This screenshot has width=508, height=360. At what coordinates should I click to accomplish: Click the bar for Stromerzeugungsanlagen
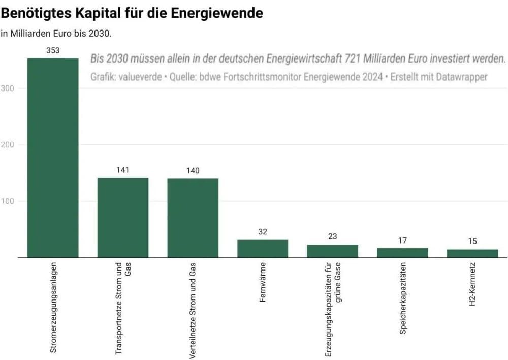53,158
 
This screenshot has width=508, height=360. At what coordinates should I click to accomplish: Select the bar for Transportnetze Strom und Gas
123,218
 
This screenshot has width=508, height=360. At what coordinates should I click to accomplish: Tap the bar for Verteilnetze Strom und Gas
193,218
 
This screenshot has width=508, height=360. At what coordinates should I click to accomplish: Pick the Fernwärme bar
263,249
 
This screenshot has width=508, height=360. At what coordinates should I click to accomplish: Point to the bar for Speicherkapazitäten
402,253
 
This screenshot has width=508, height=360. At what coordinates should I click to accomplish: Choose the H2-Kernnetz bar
472,253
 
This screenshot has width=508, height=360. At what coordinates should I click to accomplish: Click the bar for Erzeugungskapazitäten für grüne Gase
332,251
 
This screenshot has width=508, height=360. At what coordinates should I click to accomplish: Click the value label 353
53,50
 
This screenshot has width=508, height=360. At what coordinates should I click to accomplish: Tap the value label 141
123,170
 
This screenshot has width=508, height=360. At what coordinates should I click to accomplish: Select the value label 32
263,232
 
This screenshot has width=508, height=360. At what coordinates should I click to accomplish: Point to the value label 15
472,241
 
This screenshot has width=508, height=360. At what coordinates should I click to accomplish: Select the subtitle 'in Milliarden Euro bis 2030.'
56,34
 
